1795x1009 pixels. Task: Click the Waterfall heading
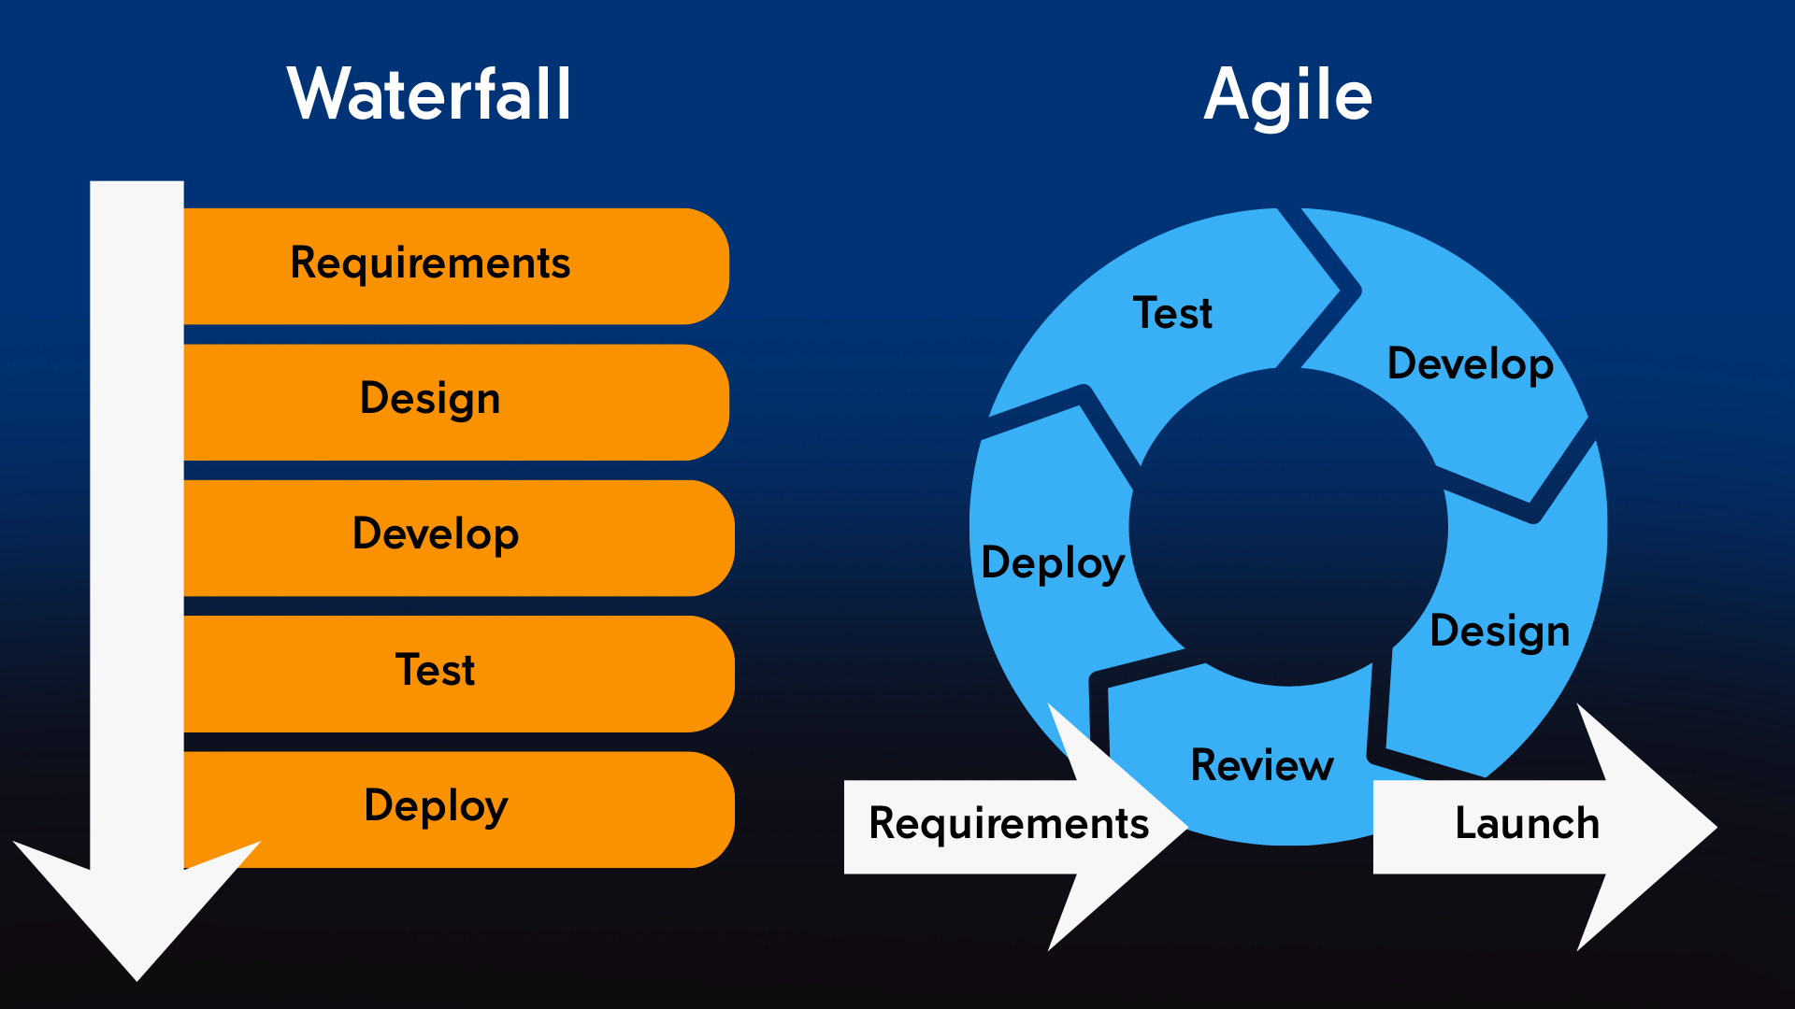pos(429,94)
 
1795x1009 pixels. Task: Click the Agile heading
pos(1287,96)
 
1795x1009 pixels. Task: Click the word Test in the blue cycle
pos(1172,313)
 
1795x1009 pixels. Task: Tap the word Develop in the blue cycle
pos(1470,364)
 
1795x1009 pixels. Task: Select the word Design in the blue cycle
pos(1500,632)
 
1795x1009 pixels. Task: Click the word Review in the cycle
pos(1261,765)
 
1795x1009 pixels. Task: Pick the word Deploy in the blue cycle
pos(1053,563)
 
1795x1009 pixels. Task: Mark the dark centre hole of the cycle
pos(1288,528)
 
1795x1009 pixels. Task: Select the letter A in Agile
pos(1228,94)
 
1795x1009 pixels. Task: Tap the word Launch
pos(1527,824)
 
